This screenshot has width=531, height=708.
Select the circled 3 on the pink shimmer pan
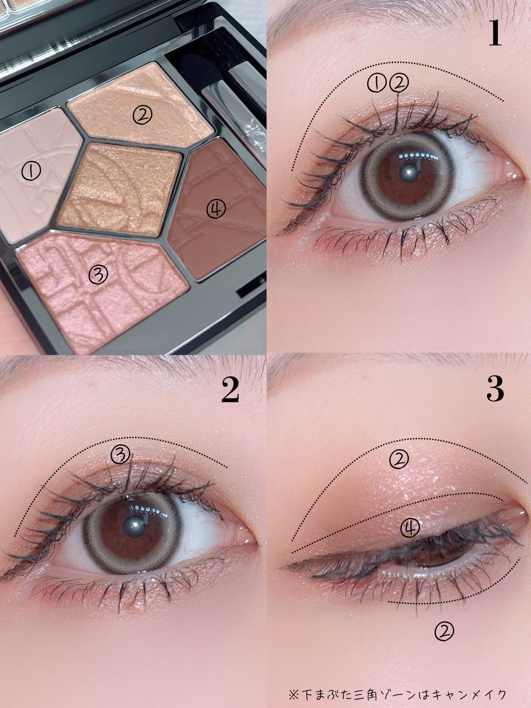(x=98, y=275)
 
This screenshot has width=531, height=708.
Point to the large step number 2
(x=230, y=391)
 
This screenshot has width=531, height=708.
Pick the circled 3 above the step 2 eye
(x=120, y=454)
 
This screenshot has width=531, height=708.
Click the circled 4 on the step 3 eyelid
(x=410, y=528)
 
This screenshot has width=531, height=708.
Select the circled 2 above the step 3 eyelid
(x=399, y=459)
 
